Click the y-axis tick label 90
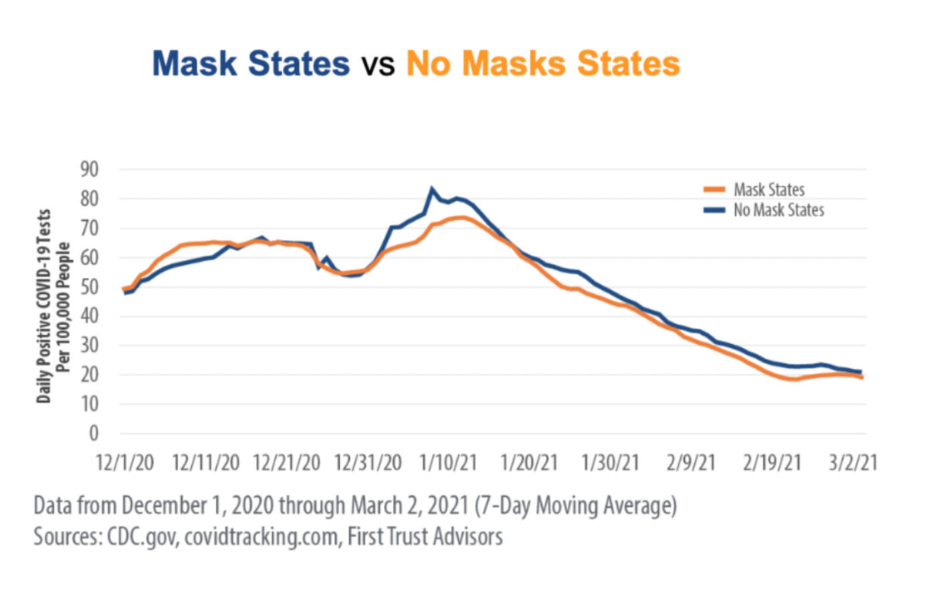(90, 169)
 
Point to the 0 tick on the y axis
(94, 433)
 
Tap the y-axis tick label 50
(90, 287)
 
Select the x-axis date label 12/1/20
(125, 463)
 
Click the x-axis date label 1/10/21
(448, 463)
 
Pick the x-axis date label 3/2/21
(853, 463)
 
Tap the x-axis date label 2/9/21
(691, 463)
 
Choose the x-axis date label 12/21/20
(287, 463)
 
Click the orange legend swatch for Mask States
(714, 190)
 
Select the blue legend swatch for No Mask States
(714, 210)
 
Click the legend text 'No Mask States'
(779, 210)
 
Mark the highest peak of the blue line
(431, 190)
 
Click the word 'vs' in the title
(378, 65)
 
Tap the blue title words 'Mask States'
(251, 64)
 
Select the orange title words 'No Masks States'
(543, 64)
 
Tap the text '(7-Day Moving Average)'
(575, 506)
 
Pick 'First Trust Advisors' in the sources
(425, 536)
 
